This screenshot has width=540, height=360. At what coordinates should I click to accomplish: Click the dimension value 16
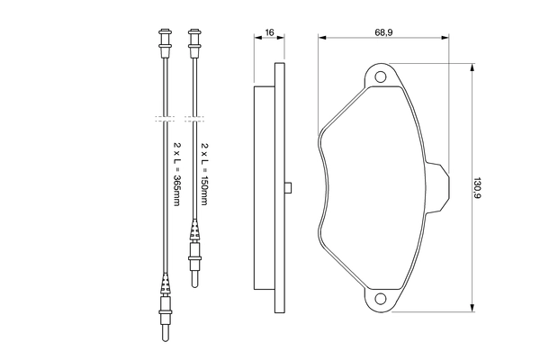(x=269, y=32)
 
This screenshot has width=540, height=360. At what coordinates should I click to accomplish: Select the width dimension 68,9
(x=385, y=32)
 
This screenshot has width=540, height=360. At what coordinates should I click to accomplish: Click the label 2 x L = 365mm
(x=175, y=174)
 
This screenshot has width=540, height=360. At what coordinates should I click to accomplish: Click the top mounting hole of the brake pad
(x=381, y=76)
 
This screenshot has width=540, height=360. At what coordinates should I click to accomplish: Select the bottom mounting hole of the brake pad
(x=381, y=299)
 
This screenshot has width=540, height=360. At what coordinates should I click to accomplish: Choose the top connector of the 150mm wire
(x=193, y=40)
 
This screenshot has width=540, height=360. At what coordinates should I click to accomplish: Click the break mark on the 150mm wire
(x=193, y=118)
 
